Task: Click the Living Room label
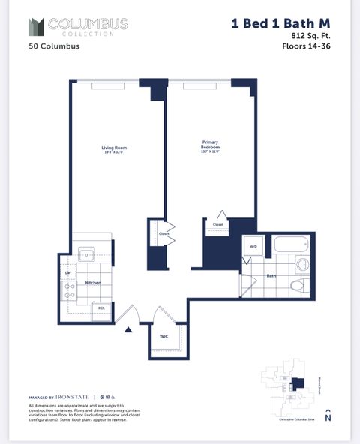(x=115, y=149)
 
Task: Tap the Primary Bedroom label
(x=210, y=146)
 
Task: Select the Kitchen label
(x=93, y=283)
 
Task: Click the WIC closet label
(x=164, y=337)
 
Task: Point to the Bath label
(x=271, y=276)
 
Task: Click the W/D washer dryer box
(x=252, y=246)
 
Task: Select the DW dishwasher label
(x=67, y=272)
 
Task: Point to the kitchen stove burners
(x=69, y=291)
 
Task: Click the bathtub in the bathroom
(x=292, y=244)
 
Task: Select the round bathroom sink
(x=302, y=264)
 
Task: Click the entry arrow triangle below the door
(x=128, y=328)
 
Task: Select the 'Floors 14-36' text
(x=306, y=46)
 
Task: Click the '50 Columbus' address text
(x=54, y=46)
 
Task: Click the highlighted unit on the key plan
(x=298, y=384)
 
